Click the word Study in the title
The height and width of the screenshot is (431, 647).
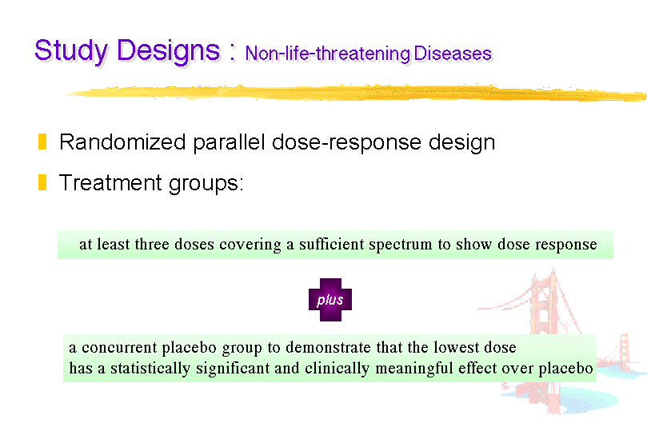click(70, 51)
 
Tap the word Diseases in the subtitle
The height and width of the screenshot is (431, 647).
click(453, 54)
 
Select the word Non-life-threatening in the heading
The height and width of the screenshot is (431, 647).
click(328, 54)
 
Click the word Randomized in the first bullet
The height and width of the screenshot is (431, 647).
click(122, 142)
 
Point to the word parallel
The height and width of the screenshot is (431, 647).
click(229, 142)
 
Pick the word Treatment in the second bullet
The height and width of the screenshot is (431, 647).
click(110, 182)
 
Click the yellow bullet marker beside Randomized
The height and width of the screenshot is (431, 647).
click(42, 142)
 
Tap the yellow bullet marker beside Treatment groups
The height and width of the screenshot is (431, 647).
click(42, 182)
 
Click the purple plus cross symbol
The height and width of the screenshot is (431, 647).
click(330, 300)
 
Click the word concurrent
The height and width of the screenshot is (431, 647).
click(120, 348)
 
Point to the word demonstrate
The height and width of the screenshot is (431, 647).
click(328, 347)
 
